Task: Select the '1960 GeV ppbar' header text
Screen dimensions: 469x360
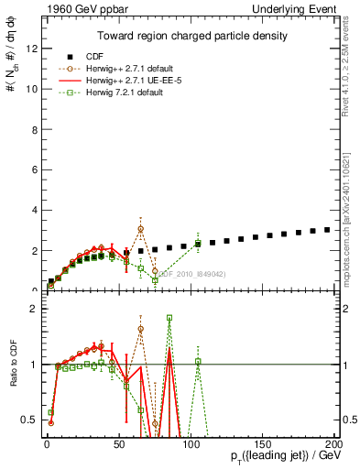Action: click(74, 8)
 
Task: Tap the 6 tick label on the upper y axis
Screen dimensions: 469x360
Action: click(33, 170)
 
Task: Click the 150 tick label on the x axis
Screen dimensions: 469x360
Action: click(263, 443)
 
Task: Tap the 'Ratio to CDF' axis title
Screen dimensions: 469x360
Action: click(11, 376)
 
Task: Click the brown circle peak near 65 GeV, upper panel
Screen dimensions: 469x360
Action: click(140, 229)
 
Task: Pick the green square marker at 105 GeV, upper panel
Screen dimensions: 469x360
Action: click(198, 243)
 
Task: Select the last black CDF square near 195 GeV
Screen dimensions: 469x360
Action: click(327, 230)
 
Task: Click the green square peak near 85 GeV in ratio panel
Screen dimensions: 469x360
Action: click(169, 318)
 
